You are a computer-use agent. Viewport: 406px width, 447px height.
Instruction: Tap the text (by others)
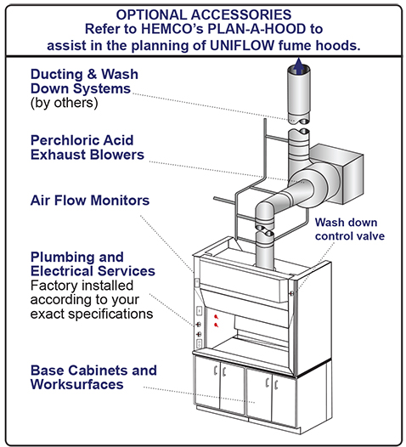(x=65, y=104)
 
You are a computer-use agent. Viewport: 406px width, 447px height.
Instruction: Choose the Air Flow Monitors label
(x=90, y=201)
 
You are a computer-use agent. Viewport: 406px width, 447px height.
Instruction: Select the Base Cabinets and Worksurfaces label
(x=93, y=377)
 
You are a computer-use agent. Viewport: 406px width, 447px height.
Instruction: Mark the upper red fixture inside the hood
(x=217, y=316)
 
